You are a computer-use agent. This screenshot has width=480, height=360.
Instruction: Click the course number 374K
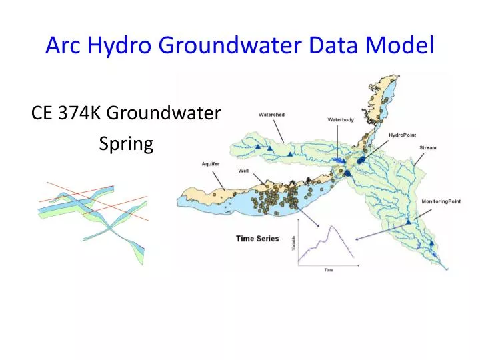click(81, 114)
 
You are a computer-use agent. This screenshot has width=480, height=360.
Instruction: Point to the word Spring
click(126, 143)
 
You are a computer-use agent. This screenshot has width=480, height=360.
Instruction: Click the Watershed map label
click(271, 115)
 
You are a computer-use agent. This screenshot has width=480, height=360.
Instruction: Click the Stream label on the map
click(427, 147)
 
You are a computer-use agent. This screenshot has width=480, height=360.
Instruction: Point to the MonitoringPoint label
click(441, 201)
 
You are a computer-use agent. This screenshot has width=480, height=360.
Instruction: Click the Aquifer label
click(211, 163)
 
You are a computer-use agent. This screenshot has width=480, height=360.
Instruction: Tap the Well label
click(244, 171)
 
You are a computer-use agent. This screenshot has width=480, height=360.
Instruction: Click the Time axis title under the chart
click(329, 270)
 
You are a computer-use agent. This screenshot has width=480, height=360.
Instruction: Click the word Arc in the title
click(63, 45)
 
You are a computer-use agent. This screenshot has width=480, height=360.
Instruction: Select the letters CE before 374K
click(42, 114)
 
